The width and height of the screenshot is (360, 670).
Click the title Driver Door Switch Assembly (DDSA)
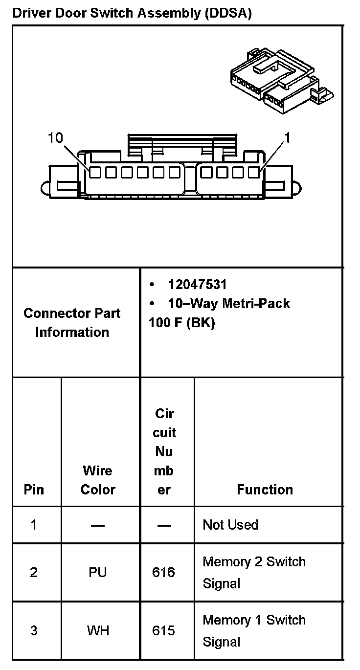[132, 13]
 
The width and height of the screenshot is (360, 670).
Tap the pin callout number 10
[56, 138]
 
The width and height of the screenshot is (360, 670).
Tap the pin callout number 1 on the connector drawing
[288, 138]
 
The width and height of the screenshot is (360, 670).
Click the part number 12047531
[197, 285]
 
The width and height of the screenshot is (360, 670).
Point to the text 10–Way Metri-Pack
[228, 304]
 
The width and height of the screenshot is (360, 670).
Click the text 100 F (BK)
[181, 323]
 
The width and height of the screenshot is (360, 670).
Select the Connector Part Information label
[72, 323]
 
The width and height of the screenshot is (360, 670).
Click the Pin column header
[34, 490]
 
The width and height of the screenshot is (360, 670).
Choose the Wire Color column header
[98, 480]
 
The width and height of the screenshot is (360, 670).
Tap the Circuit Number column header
[164, 451]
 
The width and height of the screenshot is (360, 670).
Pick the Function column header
[265, 490]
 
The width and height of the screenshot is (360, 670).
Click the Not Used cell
[230, 525]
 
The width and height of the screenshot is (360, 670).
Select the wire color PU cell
[98, 572]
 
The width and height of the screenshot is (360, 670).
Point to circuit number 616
[164, 572]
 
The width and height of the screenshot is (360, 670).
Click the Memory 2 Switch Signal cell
[254, 572]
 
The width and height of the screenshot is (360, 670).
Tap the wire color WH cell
[98, 631]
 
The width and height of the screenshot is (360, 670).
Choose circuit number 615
[164, 631]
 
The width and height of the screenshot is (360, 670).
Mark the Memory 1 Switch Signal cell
[254, 631]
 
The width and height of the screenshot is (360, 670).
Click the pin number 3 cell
[34, 631]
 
